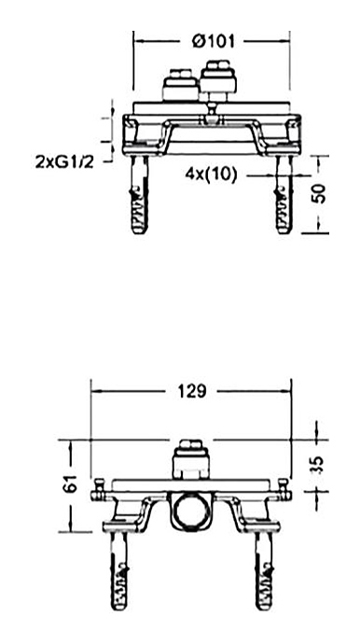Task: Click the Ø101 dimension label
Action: pos(214,41)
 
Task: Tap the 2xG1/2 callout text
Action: pos(65,162)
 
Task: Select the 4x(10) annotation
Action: pos(211,175)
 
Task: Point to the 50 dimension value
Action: pos(320,194)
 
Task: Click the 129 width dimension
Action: pos(192,391)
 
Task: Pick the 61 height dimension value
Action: pos(71,483)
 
